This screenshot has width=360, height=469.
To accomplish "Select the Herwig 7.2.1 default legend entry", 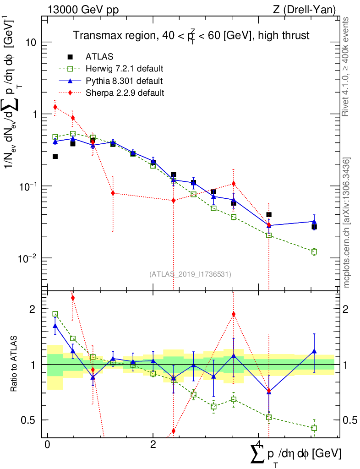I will click(124, 69).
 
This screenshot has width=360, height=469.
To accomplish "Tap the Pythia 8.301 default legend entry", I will click(124, 81).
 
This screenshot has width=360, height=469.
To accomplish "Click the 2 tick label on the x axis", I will click(153, 445).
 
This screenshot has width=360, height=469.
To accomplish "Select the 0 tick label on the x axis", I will click(47, 445).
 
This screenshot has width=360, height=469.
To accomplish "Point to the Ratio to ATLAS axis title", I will click(14, 364).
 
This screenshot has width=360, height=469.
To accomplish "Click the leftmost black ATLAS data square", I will click(55, 157).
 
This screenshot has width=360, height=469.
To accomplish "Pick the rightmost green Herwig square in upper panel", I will click(314, 251).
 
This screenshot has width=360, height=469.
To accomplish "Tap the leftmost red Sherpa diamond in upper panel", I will click(55, 107).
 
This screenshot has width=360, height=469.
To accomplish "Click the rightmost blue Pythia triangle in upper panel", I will click(314, 222).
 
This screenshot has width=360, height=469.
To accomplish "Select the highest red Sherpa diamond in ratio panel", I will click(73, 298).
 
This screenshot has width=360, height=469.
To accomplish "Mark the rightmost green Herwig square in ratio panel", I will click(314, 428).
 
